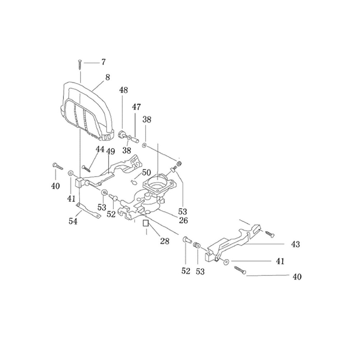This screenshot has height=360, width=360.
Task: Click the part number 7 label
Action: click(103, 62)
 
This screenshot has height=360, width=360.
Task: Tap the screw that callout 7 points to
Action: click(80, 65)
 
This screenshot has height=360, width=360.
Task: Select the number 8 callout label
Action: click(108, 77)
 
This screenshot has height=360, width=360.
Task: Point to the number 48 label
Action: click(123, 90)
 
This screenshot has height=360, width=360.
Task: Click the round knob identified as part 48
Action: click(122, 134)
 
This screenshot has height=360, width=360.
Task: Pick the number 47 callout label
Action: click(136, 107)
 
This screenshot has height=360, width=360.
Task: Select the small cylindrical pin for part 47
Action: click(135, 139)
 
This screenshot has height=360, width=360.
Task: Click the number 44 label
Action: click(100, 149)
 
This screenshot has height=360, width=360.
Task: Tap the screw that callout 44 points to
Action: click(86, 168)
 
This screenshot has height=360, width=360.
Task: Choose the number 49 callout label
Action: click(110, 152)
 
